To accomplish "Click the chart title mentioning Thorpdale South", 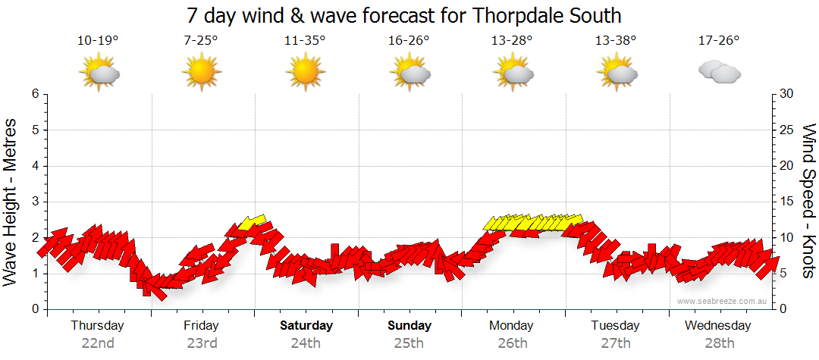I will [x=409, y=15].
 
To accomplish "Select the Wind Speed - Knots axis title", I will [x=807, y=201].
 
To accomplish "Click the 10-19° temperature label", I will [x=98, y=41].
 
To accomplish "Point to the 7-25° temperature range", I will [x=201, y=41].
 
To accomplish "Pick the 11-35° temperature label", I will [x=305, y=41].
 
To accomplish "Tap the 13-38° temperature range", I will [x=616, y=41].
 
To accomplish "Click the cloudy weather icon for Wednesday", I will [x=719, y=72].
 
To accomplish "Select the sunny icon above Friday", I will [x=201, y=73].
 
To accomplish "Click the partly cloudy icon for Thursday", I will [x=99, y=73].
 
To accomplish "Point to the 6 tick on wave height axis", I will [x=35, y=94].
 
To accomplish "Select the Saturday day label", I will [x=306, y=326].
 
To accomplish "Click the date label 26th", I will [x=513, y=343].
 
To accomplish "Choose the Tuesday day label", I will [x=616, y=326].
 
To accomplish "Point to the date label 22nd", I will [x=98, y=343].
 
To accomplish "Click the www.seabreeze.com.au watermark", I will [x=723, y=301].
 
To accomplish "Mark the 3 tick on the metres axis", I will [x=35, y=202].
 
